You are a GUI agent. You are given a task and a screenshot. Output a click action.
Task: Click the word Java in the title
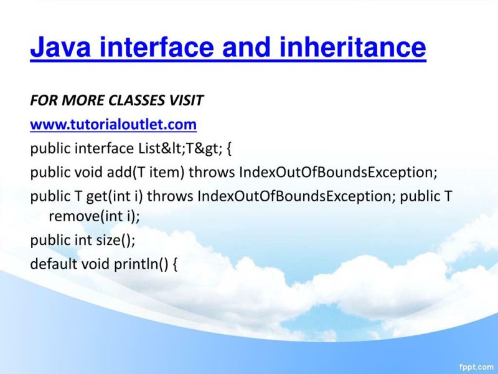60,47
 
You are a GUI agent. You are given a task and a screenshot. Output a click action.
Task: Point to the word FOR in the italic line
42,101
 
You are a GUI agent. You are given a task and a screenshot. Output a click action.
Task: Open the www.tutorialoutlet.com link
113,125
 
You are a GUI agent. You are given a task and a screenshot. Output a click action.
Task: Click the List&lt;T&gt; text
183,149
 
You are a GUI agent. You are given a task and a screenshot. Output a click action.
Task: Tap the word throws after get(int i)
171,196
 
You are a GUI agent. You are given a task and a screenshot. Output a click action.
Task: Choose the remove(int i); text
91,216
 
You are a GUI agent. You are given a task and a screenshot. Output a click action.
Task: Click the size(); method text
130,240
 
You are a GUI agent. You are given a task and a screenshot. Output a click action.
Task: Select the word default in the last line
54,264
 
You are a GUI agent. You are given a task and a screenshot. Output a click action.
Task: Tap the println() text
141,264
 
